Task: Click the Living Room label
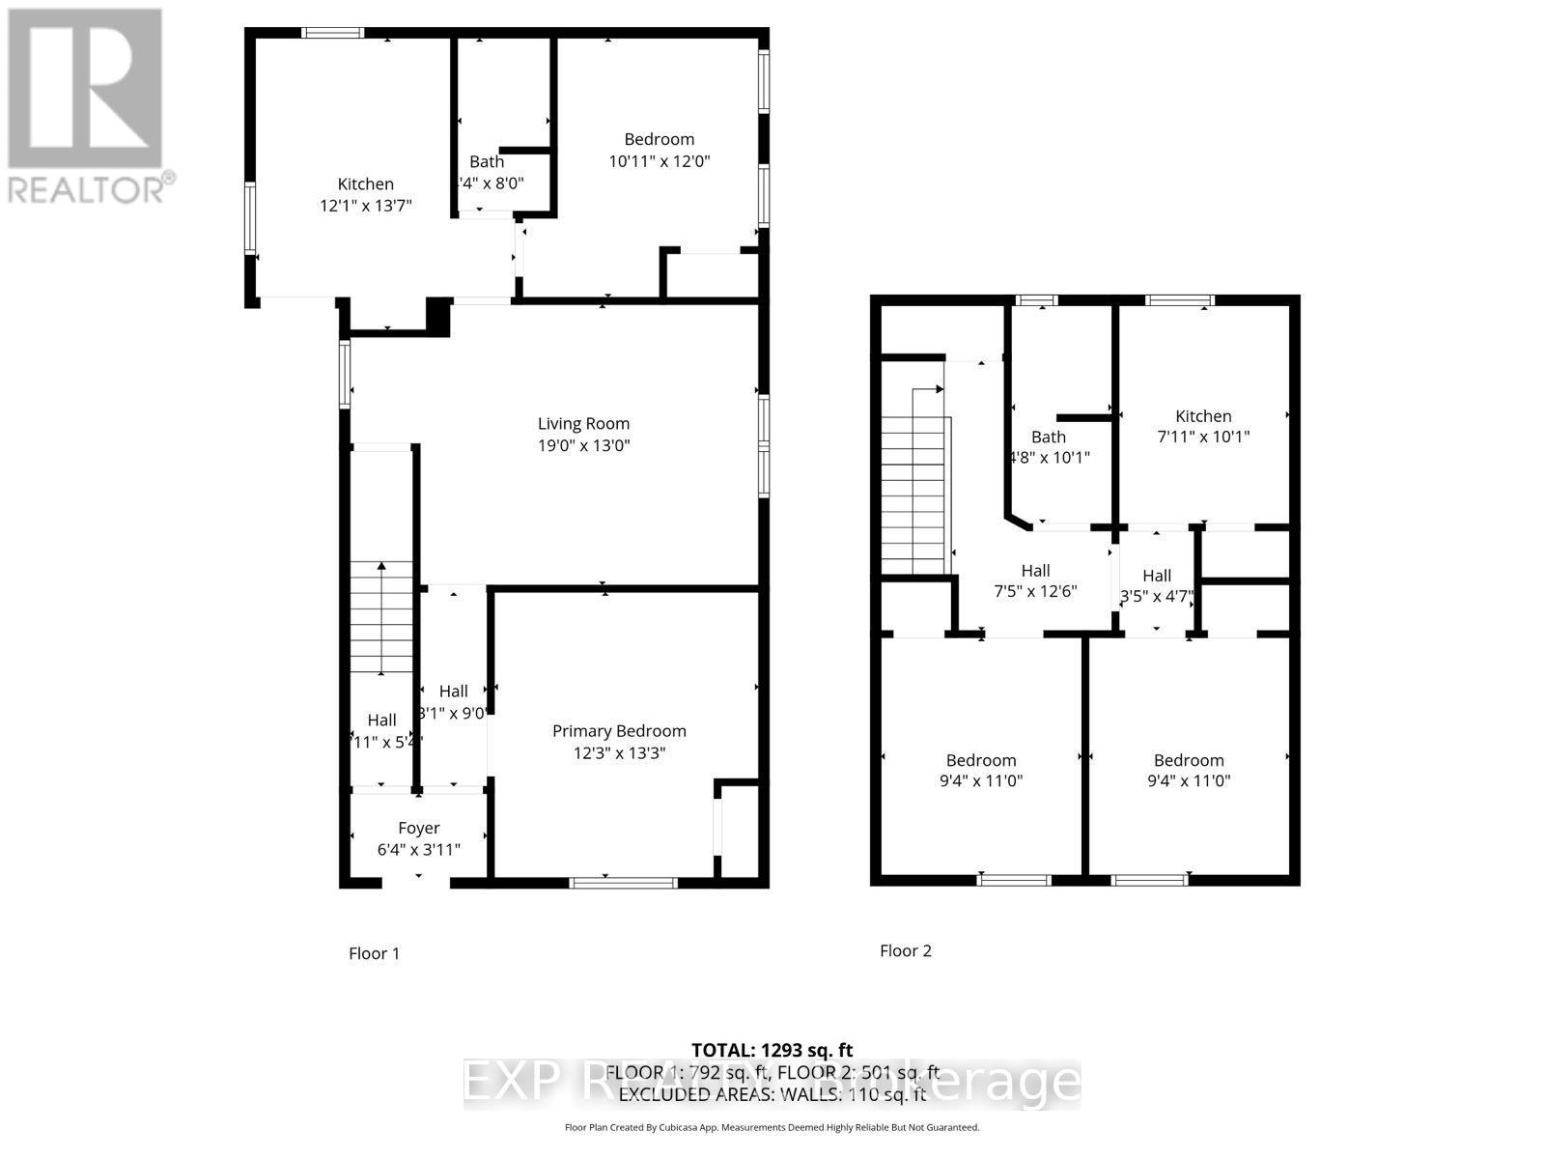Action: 583,423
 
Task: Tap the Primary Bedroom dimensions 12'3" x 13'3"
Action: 619,753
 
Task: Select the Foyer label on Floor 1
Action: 418,828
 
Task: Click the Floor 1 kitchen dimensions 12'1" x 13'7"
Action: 365,206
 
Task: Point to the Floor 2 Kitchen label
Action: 1203,415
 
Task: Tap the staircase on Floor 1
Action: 381,618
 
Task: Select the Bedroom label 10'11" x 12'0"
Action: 659,139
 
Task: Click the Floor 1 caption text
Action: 374,953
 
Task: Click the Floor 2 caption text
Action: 905,950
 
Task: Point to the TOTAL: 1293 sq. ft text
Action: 772,1050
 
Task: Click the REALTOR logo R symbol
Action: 85,89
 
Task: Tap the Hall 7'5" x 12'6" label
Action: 1035,571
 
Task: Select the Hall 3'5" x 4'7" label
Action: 1156,576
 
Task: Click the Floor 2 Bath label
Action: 1048,437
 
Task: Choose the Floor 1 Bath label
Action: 487,161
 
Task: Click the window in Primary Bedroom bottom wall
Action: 623,881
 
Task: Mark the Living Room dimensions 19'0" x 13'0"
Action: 583,446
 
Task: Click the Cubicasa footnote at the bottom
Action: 772,1127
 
